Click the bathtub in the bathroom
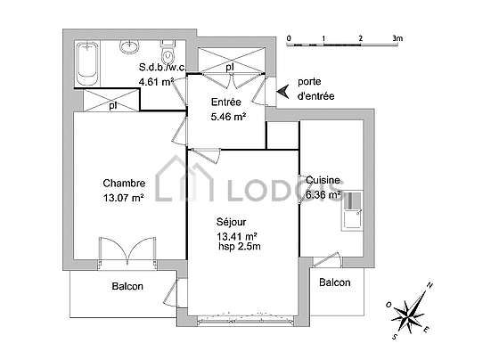87,63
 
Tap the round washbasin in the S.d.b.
129,46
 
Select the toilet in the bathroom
168,52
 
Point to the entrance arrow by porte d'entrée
283,92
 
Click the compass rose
409,312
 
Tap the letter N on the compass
429,285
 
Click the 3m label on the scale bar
397,38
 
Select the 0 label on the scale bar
289,38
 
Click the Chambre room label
124,184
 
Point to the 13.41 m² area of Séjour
237,236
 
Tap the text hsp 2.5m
240,246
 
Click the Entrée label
226,102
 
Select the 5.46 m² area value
228,117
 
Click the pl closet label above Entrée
230,68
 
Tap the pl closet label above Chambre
112,105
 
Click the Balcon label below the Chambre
127,286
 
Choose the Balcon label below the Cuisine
335,282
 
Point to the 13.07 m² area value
124,198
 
